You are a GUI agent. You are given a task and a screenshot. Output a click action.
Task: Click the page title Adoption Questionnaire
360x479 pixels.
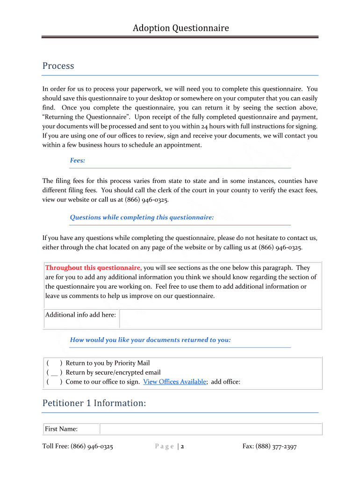(180, 28)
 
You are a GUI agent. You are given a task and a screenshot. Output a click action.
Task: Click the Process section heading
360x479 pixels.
(58, 66)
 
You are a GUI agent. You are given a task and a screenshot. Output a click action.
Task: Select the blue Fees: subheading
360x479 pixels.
(77, 160)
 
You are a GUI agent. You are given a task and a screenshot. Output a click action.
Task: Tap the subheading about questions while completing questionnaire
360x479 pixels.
(142, 217)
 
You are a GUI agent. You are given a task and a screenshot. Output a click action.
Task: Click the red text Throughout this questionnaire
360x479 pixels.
(93, 268)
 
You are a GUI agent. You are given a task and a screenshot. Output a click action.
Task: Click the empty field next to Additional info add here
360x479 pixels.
(220, 319)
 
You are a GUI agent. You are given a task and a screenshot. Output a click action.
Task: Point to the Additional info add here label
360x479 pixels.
(80, 315)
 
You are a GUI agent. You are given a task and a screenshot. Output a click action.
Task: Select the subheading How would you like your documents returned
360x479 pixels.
(150, 340)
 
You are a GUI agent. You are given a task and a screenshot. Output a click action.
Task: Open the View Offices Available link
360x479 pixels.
(174, 382)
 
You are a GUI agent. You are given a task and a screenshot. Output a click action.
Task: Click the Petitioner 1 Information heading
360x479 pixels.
(94, 403)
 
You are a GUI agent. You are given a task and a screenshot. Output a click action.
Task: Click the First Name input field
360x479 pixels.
(211, 429)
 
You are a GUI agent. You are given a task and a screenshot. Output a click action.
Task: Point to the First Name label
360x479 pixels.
(61, 429)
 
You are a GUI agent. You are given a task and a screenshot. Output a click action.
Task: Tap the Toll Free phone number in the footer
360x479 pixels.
(92, 447)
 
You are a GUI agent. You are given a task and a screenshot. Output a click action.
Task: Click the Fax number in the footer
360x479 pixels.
(276, 447)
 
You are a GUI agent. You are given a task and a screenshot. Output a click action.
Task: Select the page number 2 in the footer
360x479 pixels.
(182, 447)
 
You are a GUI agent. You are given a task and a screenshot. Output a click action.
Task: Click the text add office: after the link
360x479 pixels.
(226, 382)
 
